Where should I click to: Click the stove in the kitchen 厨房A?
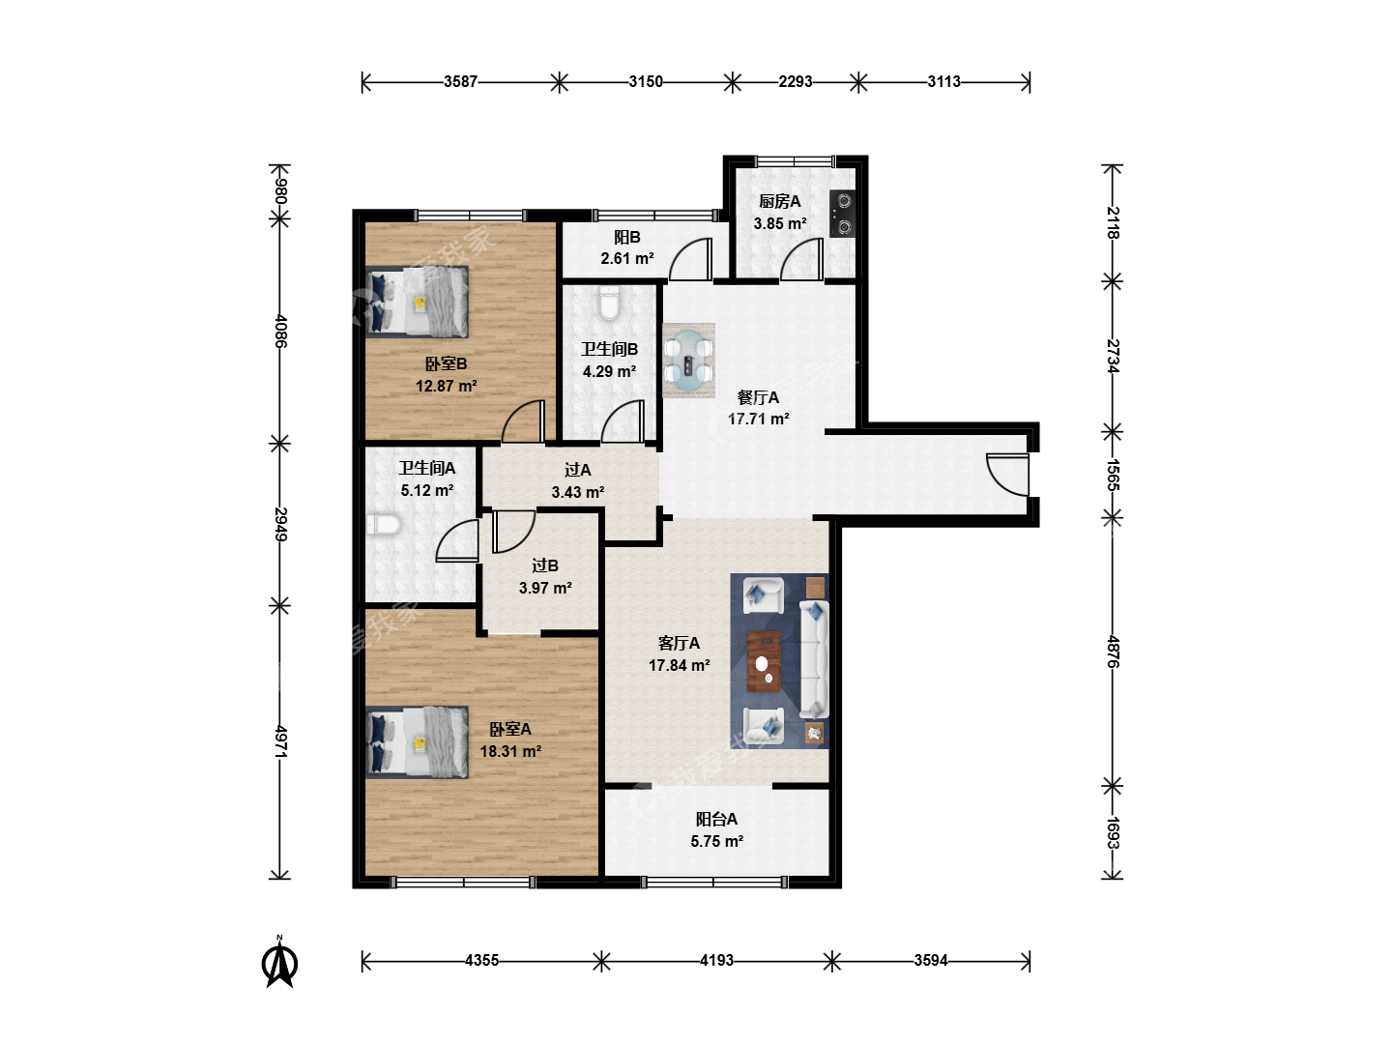coord(842,214)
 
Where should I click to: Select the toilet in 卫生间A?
coord(384,525)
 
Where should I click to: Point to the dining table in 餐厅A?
coord(688,361)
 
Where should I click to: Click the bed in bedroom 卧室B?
coord(418,301)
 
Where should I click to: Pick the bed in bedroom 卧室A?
coord(418,742)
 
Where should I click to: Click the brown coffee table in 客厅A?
coord(765,662)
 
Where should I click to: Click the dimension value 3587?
coord(460,82)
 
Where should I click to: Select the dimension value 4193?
coord(716,961)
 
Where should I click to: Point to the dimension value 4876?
coord(1113,652)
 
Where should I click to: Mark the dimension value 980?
coord(280,190)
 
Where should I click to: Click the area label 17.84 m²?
coord(680,666)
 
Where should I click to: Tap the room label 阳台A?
coord(716,820)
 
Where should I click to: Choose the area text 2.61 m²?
coord(627,259)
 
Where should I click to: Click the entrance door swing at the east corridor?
coord(1007,475)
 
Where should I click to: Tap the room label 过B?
coord(545,565)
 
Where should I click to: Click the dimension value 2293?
coord(796,82)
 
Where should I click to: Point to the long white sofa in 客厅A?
coord(814,660)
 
